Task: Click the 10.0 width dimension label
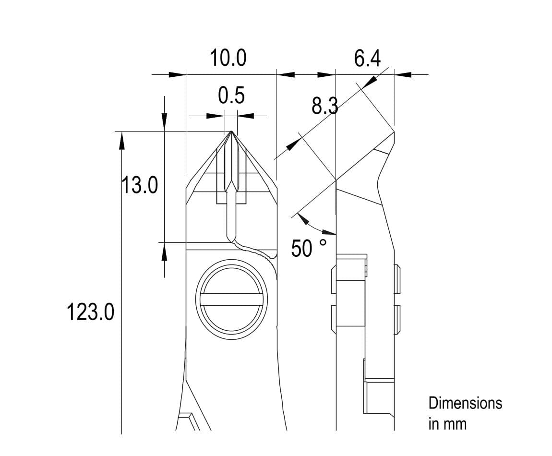[x=228, y=58]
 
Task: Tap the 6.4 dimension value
[x=367, y=59]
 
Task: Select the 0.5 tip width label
[x=231, y=96]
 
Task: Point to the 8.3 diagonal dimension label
[x=324, y=106]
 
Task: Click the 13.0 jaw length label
[x=140, y=185]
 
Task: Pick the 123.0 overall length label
[x=90, y=312]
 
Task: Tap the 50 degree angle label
[x=302, y=248]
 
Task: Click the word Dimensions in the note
[x=465, y=404]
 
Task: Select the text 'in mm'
[x=447, y=424]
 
